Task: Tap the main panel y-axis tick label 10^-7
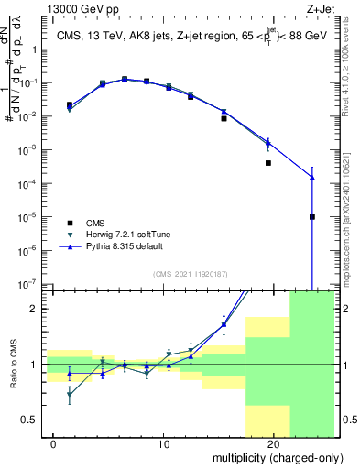(29, 284)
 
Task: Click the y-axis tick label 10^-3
(29, 150)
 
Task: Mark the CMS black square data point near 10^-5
(312, 217)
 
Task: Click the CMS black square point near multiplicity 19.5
(268, 163)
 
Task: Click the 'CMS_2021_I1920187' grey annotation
(190, 273)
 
